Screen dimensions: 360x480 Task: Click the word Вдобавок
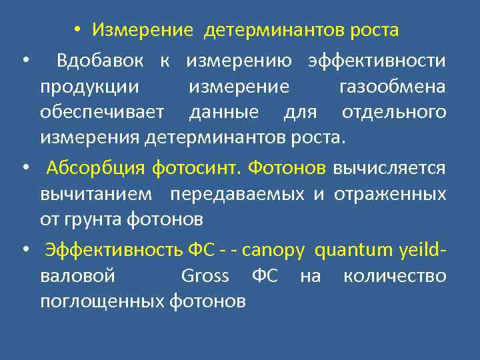[x=100, y=61]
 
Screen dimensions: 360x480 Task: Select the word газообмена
[x=392, y=87]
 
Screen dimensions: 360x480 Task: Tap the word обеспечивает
[x=101, y=112]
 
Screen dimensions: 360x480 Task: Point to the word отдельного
[x=393, y=112]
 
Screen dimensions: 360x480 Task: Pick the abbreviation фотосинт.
[x=197, y=168]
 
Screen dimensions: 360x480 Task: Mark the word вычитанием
[x=96, y=193]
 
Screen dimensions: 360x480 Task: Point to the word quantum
[x=347, y=251]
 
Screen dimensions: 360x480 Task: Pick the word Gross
[x=205, y=276]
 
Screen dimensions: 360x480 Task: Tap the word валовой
[x=77, y=276]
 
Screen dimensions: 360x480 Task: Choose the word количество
[x=395, y=276]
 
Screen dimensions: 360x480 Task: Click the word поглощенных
[x=101, y=301]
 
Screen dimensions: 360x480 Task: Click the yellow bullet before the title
[x=78, y=31]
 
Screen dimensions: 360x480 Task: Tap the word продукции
[x=89, y=87]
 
